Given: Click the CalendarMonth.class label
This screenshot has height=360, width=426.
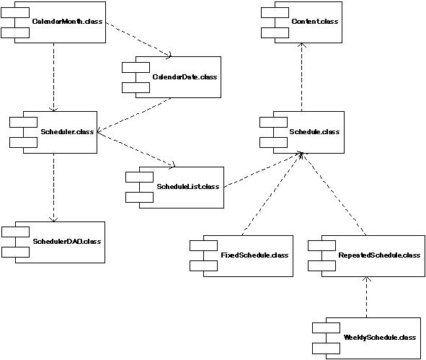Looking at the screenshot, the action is (x=67, y=22).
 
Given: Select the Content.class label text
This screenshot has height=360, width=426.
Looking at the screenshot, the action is (x=315, y=22).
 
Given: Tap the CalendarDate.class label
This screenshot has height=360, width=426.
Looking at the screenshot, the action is (x=185, y=77).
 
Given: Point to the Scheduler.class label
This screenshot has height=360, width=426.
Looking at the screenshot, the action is (x=67, y=132).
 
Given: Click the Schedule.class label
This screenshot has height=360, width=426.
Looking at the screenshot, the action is (x=314, y=132).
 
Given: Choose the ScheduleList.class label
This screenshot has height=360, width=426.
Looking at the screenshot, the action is (x=188, y=187).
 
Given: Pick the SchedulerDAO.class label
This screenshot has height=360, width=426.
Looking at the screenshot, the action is (x=67, y=242).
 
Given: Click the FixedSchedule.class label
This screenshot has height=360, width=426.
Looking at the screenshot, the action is (x=254, y=255).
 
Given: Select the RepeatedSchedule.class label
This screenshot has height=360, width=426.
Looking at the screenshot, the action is (x=379, y=255).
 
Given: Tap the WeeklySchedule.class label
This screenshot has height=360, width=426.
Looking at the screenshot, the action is (x=380, y=338).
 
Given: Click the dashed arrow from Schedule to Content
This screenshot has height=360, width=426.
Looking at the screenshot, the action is (x=301, y=77).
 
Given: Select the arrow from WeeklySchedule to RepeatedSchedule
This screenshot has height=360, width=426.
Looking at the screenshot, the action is (x=366, y=297).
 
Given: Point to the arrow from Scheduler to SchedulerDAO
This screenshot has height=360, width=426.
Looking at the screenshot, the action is (x=53, y=188).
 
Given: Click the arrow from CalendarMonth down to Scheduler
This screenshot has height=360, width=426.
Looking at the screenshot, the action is (x=53, y=77).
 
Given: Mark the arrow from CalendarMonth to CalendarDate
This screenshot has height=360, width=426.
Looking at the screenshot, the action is (x=138, y=40).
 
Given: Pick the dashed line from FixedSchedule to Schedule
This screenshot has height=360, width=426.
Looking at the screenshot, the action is (x=272, y=194).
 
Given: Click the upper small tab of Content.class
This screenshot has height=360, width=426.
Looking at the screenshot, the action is (x=275, y=13).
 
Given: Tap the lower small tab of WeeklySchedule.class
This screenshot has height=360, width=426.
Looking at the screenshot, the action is (x=326, y=348).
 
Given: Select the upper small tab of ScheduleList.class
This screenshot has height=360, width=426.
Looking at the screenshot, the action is (x=139, y=177).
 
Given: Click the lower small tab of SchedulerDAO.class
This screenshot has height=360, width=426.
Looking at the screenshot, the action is (x=15, y=252).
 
